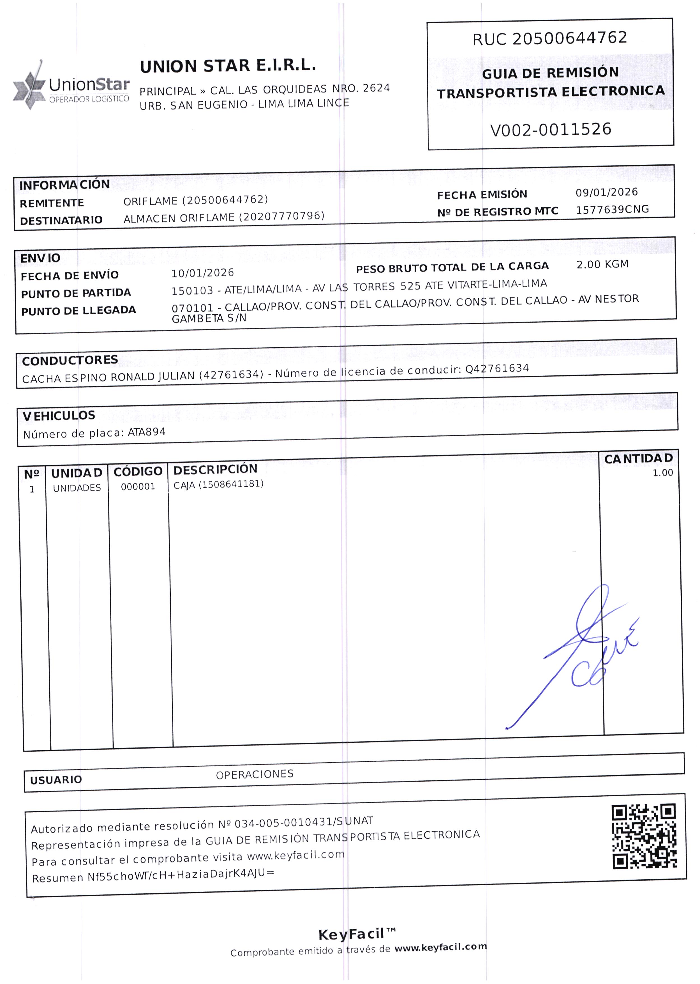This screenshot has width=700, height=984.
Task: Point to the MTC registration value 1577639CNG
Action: pyautogui.click(x=612, y=210)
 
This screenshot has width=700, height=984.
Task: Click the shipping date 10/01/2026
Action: pyautogui.click(x=203, y=273)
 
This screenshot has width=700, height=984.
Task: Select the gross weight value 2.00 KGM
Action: pyautogui.click(x=602, y=264)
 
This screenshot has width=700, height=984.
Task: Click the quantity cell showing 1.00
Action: pyautogui.click(x=662, y=473)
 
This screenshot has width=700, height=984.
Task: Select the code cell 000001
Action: pyautogui.click(x=138, y=487)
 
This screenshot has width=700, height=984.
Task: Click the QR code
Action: pyautogui.click(x=644, y=836)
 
